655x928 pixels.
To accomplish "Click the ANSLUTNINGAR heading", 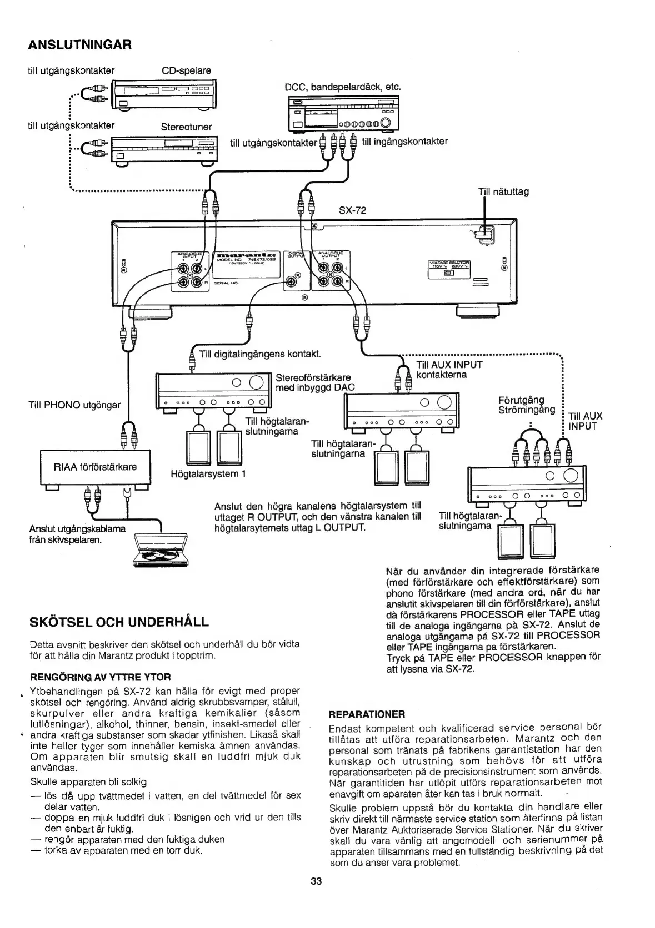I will click(79, 44).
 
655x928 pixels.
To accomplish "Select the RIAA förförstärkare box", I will click(95, 467).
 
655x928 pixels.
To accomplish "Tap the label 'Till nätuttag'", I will click(503, 192).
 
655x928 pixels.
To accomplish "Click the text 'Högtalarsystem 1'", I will click(208, 474).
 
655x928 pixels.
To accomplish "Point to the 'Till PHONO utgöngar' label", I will click(74, 405).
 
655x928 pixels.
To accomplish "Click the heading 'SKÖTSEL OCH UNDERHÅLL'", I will click(119, 621).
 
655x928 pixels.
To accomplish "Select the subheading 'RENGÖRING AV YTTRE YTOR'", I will click(100, 677).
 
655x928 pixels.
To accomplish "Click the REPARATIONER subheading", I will click(367, 713).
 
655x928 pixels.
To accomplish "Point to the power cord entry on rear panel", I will click(483, 233).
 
